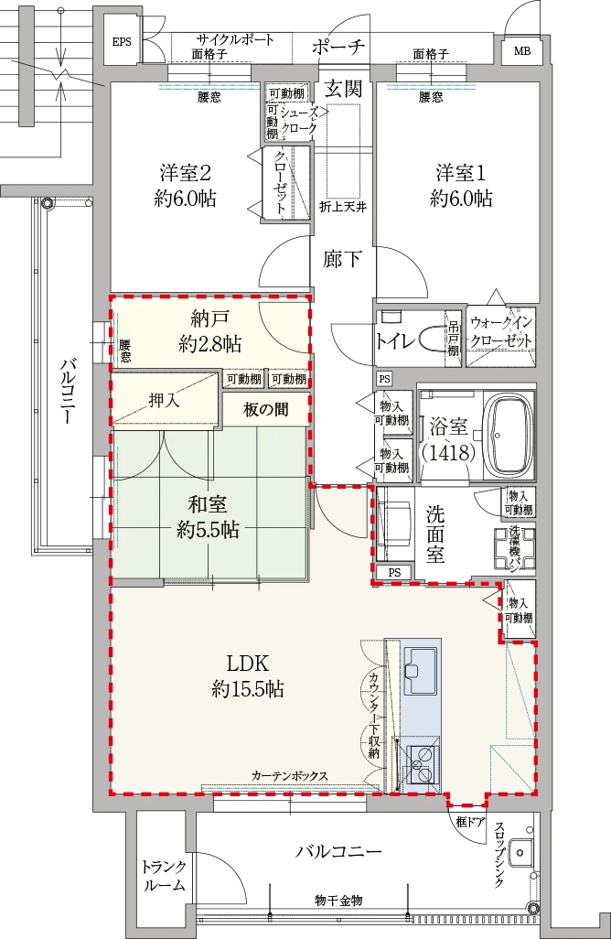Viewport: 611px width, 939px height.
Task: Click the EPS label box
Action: coord(122,42)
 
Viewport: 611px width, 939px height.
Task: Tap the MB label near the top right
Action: coord(522,51)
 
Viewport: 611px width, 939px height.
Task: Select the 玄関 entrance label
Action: coord(344,89)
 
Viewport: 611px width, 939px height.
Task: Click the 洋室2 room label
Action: coord(186,174)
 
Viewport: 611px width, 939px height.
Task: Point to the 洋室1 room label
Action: coord(461,174)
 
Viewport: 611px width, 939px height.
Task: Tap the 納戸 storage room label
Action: coord(209,318)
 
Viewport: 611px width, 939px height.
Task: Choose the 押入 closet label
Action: coord(164,400)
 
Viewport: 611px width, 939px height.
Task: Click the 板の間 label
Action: coord(265,410)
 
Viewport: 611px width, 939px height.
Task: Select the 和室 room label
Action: coord(208,504)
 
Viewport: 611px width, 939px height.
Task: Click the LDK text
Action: coord(247,663)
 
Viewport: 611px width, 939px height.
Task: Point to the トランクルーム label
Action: coord(164,876)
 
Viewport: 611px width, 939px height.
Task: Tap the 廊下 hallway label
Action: coord(342,259)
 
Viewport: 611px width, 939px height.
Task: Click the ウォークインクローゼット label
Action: coord(501,331)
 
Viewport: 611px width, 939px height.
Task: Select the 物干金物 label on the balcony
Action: coord(338,900)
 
